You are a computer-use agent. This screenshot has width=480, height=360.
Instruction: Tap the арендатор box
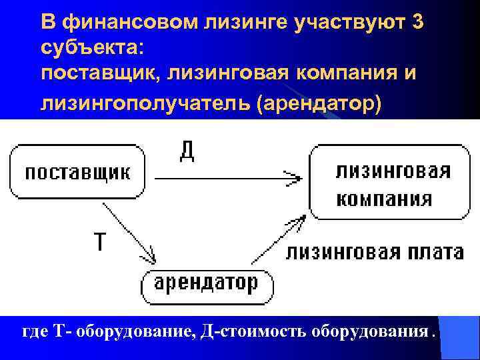(207, 285)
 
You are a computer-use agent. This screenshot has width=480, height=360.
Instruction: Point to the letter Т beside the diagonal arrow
(99, 241)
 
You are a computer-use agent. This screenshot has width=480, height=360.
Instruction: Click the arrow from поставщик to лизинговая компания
(227, 178)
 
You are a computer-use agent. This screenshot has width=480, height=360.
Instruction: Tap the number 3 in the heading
(417, 22)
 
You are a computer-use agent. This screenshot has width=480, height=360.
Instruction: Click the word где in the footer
(35, 332)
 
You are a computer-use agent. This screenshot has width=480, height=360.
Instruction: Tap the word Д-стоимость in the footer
(244, 332)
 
